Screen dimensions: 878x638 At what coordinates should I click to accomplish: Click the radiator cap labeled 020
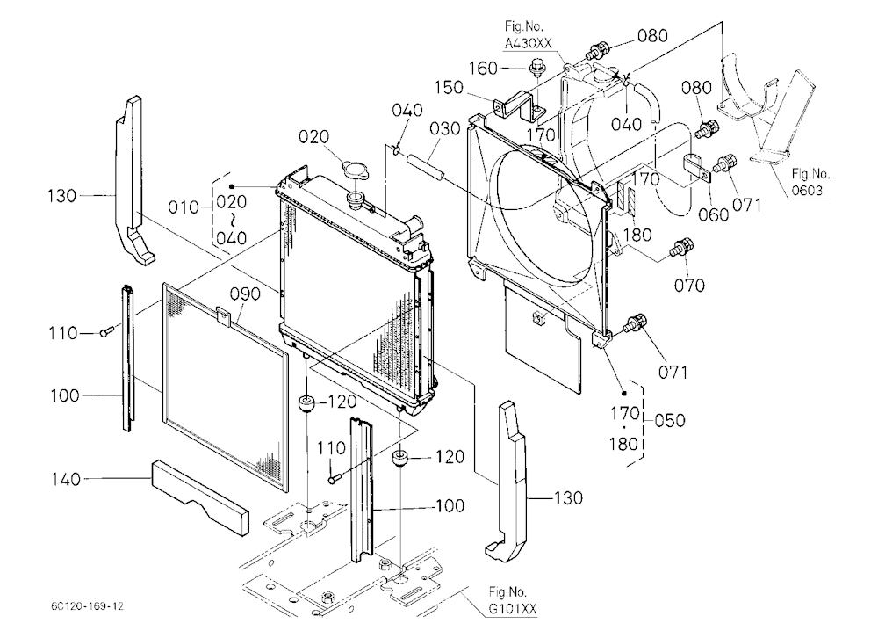tap(356, 169)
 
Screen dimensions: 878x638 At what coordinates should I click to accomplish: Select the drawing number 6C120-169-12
tap(87, 606)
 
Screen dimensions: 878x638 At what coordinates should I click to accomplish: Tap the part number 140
tap(66, 479)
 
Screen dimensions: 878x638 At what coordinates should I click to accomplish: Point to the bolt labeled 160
tap(536, 68)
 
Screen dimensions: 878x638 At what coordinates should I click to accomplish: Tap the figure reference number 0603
tap(808, 191)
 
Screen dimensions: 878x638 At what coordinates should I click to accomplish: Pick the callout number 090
tap(245, 294)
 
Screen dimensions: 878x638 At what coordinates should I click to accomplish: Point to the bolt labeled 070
tap(681, 248)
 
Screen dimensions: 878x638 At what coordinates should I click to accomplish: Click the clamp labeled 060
tap(696, 167)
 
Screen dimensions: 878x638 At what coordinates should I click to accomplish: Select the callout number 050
tap(669, 420)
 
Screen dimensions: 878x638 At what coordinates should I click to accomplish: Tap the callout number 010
tap(184, 207)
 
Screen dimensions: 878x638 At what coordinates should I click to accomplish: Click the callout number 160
tap(483, 69)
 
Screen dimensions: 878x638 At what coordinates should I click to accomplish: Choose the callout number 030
tap(444, 129)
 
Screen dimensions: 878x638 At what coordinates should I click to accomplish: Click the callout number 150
tap(449, 88)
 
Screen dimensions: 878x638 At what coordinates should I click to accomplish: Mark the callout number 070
tap(689, 286)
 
